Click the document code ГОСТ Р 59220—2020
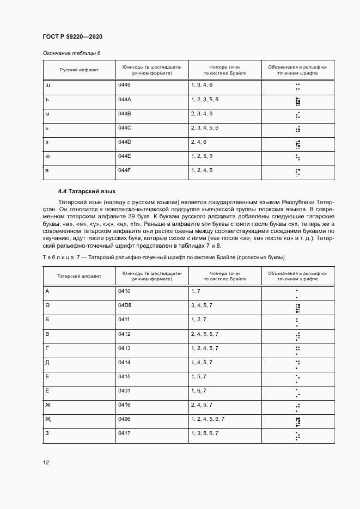coord(72,36)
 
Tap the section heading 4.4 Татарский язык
coord(87,192)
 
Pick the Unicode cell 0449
coord(124,85)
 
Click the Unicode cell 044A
coord(125,100)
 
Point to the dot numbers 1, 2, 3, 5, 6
coord(205,100)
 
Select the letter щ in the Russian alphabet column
coord(47,85)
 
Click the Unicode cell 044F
coord(125,170)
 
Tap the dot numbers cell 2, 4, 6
coord(199,142)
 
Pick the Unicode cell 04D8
coord(125,306)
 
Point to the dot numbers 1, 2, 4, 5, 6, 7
coord(208,419)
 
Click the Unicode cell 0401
coord(124,391)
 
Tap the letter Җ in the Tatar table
coord(48,419)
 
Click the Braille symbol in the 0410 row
coord(297,294)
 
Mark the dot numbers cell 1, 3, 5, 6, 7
coord(205,433)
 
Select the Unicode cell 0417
coord(124,433)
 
